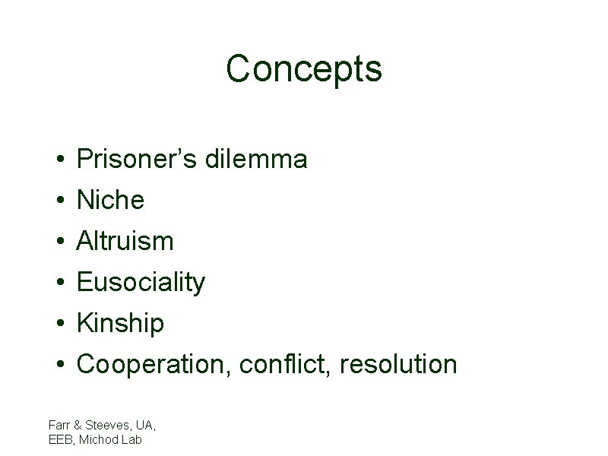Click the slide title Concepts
303,68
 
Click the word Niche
111,201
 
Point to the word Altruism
125,242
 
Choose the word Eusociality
141,283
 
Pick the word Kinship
121,324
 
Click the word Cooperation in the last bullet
154,365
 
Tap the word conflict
286,365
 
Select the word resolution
398,365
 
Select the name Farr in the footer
58,425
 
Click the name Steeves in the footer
102,425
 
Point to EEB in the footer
59,439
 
